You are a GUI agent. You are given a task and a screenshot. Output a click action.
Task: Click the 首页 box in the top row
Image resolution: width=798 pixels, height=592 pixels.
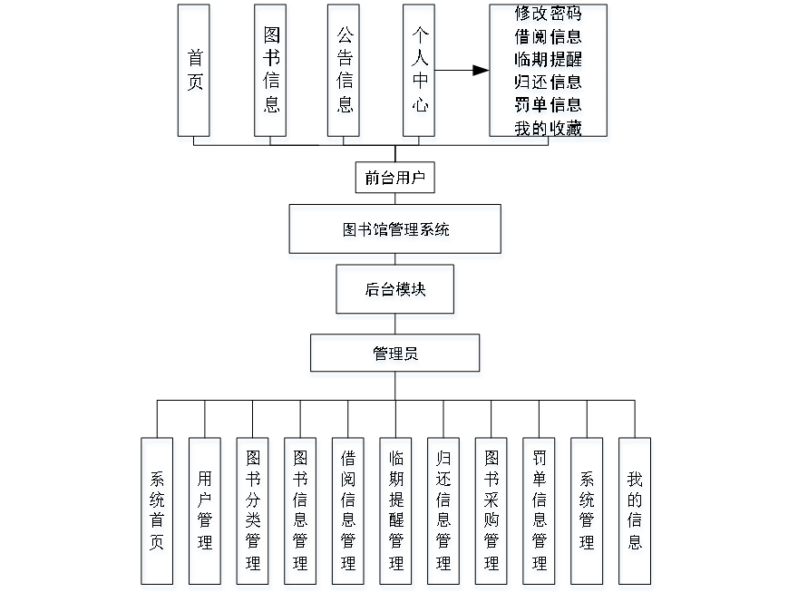point(195,73)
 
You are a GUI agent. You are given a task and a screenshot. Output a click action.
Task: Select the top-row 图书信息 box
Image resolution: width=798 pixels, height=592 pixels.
point(271,73)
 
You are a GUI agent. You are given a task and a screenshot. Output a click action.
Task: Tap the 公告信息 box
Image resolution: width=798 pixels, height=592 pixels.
point(345,73)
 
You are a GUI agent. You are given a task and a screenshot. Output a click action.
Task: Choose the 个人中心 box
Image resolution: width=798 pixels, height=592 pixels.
point(418,73)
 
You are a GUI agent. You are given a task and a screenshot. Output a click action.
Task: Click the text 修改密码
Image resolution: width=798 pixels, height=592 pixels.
point(548,15)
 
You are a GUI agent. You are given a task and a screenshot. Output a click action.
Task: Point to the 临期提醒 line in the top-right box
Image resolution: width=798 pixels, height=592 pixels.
point(548,61)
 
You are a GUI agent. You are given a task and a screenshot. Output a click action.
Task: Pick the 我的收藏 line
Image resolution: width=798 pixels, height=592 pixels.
point(548,129)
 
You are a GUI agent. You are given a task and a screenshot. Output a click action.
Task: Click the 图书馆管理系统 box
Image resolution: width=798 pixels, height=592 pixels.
point(395,231)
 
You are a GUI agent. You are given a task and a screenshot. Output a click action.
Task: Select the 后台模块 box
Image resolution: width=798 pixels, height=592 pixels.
point(396,292)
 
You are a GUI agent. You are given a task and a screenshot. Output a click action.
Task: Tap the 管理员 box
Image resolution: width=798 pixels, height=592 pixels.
point(395,356)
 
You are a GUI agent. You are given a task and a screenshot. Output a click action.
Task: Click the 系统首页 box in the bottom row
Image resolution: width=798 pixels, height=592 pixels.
point(159,513)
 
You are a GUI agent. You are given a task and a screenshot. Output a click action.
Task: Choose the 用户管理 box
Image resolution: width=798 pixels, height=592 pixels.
point(206,513)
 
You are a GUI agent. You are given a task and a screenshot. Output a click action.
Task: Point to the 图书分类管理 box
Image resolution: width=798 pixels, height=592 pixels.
point(254,513)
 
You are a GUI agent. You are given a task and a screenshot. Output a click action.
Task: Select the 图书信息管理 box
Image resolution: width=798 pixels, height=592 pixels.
point(302,513)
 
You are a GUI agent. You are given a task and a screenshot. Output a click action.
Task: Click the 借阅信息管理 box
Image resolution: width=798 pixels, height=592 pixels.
point(349,513)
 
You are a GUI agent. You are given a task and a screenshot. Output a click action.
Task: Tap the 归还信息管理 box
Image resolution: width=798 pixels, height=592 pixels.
point(444,513)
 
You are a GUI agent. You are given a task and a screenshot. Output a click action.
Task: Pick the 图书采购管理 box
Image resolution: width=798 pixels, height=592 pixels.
point(491,513)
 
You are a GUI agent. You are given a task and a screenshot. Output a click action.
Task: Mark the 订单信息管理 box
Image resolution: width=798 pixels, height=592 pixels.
point(540,513)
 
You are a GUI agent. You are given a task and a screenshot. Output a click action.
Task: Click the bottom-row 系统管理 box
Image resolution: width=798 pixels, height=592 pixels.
point(588,513)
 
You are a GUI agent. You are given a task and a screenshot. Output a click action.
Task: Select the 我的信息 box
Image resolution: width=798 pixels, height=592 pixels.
point(636,513)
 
